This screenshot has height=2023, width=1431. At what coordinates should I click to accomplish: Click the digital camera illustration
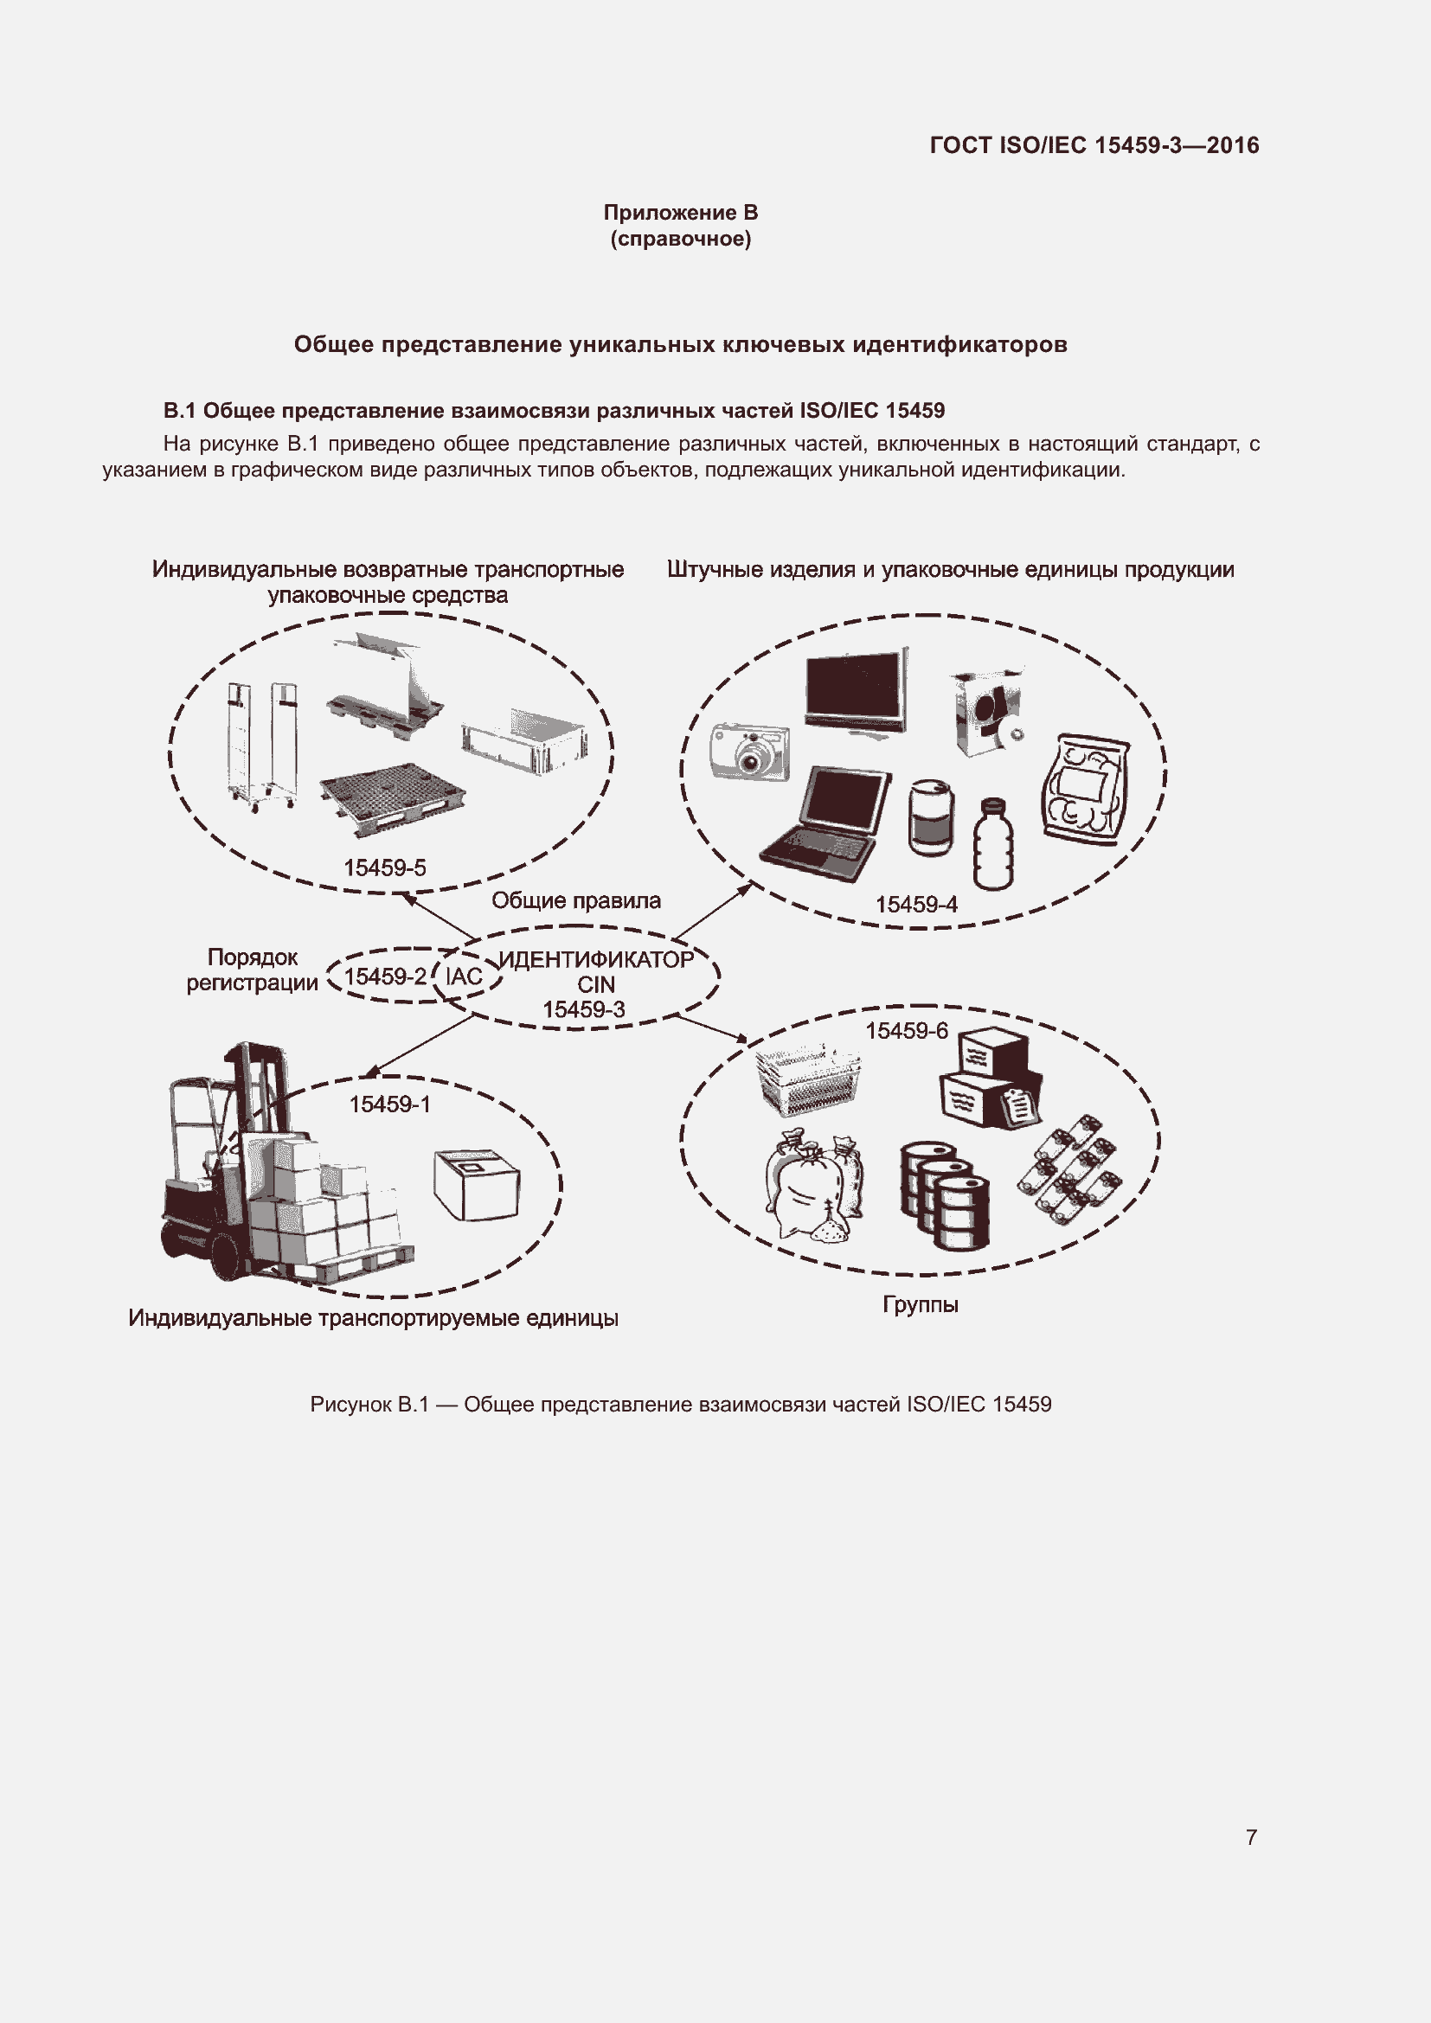(750, 752)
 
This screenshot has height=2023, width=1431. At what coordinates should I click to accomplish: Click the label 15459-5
(384, 867)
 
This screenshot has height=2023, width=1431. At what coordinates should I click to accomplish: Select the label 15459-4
(915, 905)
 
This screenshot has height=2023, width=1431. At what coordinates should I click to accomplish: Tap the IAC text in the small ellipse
(464, 976)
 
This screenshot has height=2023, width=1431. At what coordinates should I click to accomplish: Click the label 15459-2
(385, 976)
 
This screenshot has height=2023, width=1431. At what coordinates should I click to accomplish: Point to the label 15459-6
(906, 1031)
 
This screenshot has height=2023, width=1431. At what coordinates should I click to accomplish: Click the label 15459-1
(389, 1104)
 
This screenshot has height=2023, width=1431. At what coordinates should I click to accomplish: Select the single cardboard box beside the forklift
(477, 1183)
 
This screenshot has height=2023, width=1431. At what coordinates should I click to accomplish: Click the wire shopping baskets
(807, 1080)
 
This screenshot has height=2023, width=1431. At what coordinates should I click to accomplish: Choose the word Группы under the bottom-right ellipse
(920, 1305)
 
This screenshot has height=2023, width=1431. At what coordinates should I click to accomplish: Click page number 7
(1250, 1837)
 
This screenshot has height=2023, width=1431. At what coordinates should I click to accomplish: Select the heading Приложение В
(680, 213)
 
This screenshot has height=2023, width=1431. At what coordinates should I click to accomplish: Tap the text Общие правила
(575, 900)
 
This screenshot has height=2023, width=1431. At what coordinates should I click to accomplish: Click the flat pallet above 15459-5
(393, 798)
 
